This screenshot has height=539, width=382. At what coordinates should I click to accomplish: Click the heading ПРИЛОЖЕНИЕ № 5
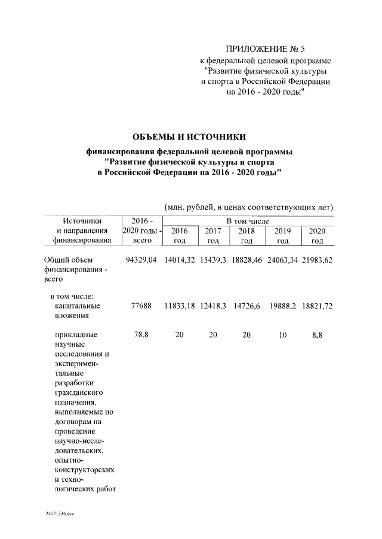266,49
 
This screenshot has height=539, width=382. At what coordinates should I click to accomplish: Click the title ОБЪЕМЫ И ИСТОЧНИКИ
189,138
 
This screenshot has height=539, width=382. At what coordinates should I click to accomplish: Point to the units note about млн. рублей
248,207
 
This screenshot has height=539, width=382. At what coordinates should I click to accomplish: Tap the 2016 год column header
180,235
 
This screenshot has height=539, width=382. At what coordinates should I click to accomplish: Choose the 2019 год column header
283,235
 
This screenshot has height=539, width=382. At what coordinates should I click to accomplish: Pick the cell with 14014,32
180,260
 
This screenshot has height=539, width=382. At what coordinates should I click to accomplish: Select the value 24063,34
283,260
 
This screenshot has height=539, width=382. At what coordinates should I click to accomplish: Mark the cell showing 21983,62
317,260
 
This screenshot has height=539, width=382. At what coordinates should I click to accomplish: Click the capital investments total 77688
141,306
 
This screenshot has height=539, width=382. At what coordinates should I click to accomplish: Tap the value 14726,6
247,306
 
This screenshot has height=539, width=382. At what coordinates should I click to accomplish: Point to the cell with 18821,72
317,306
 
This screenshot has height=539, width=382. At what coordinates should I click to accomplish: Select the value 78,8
141,335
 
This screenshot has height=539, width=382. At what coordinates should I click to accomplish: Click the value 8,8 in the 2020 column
317,335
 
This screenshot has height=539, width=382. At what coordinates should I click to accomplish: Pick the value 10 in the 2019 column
283,335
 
